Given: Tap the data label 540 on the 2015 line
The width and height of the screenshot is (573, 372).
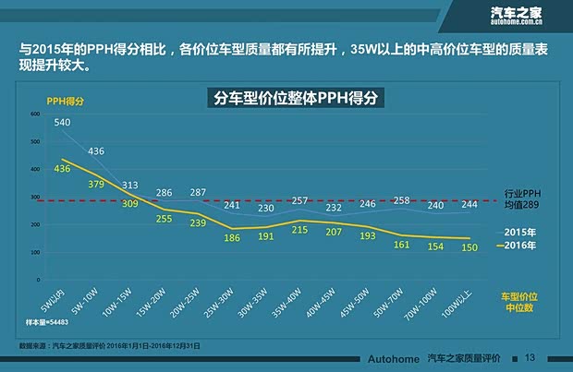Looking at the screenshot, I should point(62,122).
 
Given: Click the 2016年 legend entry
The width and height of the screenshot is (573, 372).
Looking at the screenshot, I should point(518,246).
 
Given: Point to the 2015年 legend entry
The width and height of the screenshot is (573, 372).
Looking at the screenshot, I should point(519,231).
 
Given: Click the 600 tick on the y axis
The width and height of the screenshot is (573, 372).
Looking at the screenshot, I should point(35,114).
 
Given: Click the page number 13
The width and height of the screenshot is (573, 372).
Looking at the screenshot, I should point(530,357).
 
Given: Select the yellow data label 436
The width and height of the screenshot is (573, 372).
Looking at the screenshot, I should point(62,169).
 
